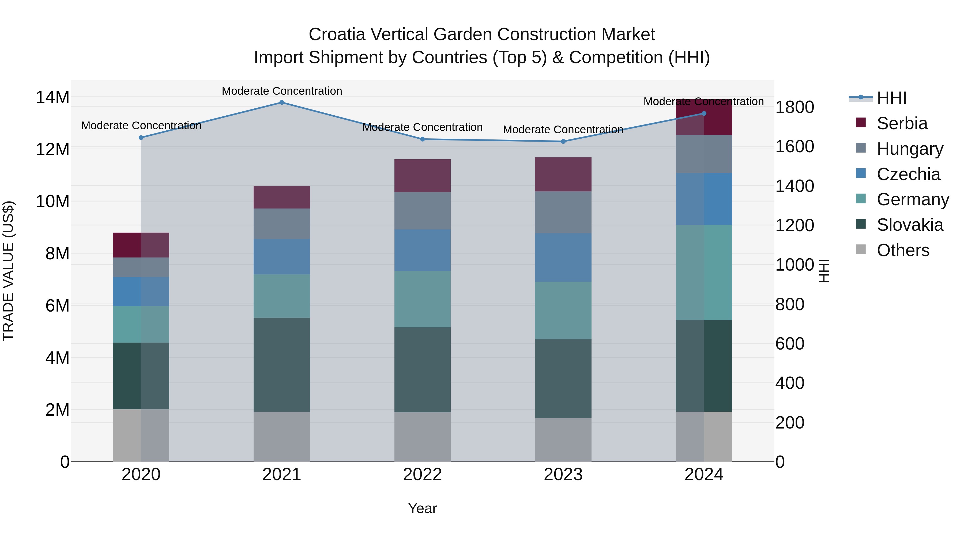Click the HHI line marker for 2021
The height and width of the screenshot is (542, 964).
click(282, 103)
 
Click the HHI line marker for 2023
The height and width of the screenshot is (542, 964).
click(563, 141)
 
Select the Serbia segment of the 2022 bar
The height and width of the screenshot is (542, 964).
click(423, 176)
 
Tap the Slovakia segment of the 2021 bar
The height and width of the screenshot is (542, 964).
click(282, 365)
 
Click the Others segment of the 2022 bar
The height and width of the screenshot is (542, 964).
click(423, 437)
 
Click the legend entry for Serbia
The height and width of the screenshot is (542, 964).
click(902, 123)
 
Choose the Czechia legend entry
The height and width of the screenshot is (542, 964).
click(908, 174)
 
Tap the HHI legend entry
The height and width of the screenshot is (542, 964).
click(891, 98)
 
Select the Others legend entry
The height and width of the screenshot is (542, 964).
click(903, 250)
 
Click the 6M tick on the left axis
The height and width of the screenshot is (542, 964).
click(57, 306)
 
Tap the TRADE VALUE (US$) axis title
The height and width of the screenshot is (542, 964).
click(8, 271)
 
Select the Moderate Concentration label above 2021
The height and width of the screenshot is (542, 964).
click(282, 91)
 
